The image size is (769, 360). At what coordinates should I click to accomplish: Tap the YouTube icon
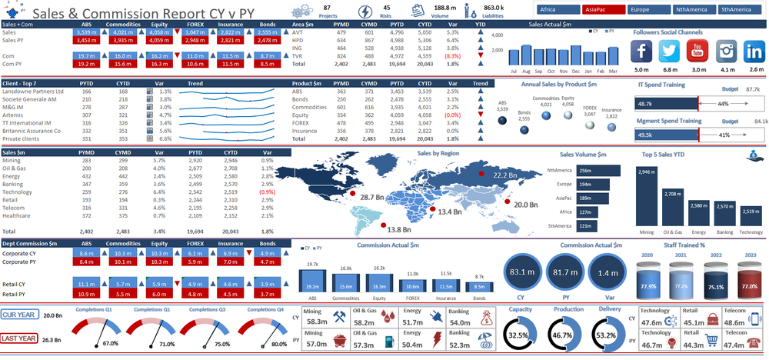coord(697,52)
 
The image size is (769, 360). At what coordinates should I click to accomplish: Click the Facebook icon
coord(641,52)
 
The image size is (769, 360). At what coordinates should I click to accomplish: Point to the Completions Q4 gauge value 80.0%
coord(279,344)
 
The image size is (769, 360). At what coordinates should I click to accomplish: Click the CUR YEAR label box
coord(18,315)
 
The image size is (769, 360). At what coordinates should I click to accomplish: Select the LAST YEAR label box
coord(18,338)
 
